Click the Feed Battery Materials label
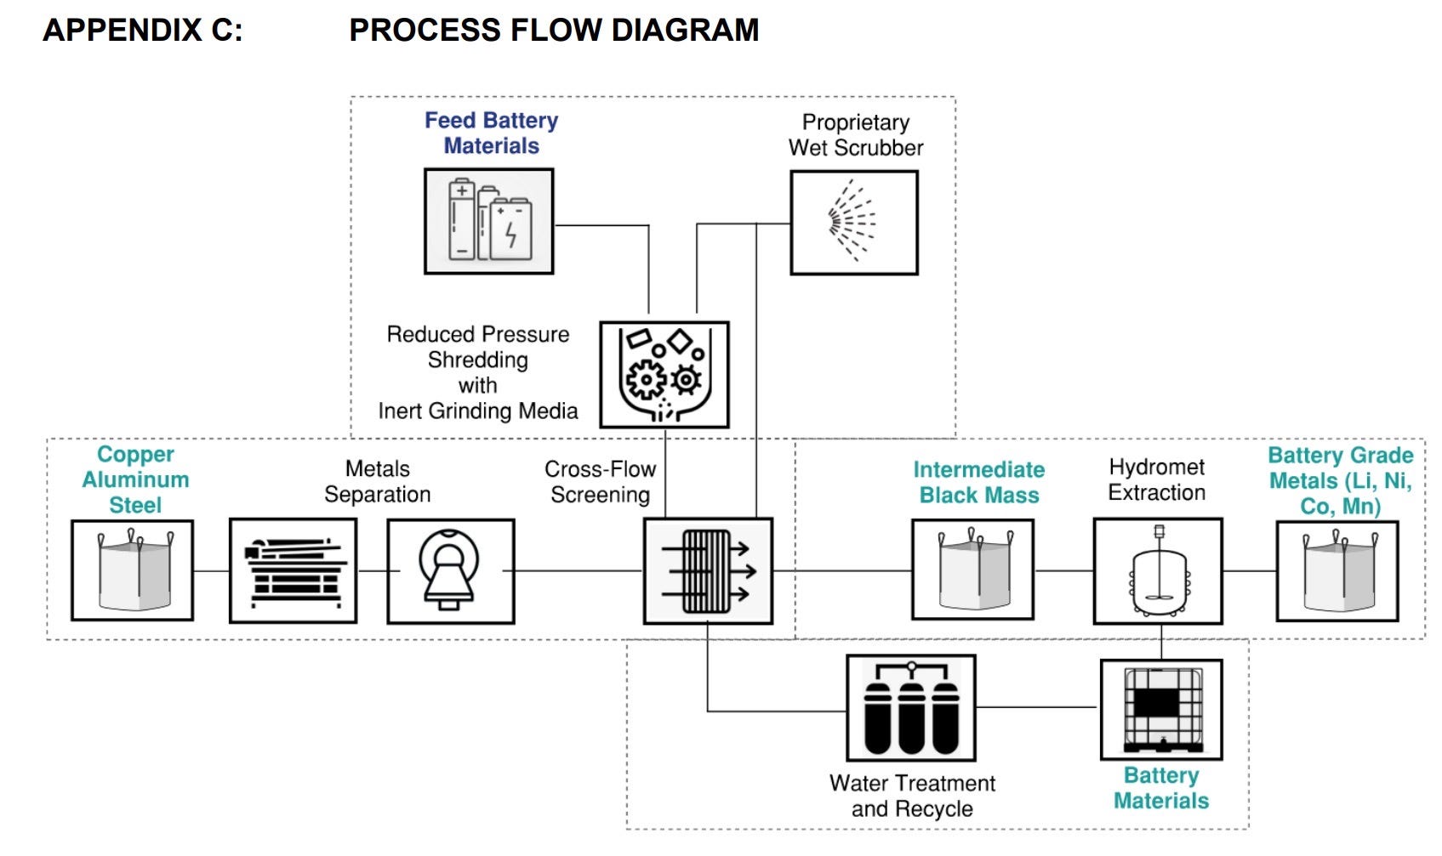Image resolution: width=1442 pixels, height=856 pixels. pyautogui.click(x=491, y=133)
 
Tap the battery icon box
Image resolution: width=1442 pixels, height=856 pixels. pyautogui.click(x=489, y=221)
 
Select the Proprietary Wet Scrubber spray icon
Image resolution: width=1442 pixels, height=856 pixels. pyautogui.click(x=854, y=223)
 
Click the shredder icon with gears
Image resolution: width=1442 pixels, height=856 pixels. pyautogui.click(x=664, y=375)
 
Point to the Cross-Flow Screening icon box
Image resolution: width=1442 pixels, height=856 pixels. pyautogui.click(x=708, y=570)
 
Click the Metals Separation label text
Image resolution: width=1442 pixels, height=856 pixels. pyautogui.click(x=378, y=482)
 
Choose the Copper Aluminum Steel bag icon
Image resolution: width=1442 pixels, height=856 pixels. pyautogui.click(x=133, y=570)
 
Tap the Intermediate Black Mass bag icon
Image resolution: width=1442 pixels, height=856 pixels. pyautogui.click(x=973, y=570)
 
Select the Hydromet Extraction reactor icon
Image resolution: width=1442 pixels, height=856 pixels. pyautogui.click(x=1158, y=570)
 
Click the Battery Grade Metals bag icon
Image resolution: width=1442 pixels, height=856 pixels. pyautogui.click(x=1337, y=570)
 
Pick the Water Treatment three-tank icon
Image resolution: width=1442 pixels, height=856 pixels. pyautogui.click(x=911, y=707)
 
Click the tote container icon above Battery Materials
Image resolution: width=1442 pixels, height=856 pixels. pyautogui.click(x=1161, y=709)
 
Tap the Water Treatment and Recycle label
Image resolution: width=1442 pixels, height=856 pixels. pyautogui.click(x=912, y=796)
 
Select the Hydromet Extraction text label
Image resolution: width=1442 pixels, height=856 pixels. pyautogui.click(x=1157, y=480)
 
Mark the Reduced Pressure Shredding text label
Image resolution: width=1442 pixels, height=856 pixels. pyautogui.click(x=478, y=372)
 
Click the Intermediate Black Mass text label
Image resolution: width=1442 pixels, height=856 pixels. pyautogui.click(x=979, y=483)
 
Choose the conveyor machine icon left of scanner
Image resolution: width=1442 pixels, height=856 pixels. pyautogui.click(x=294, y=570)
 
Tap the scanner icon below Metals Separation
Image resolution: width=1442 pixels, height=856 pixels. pyautogui.click(x=451, y=570)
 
